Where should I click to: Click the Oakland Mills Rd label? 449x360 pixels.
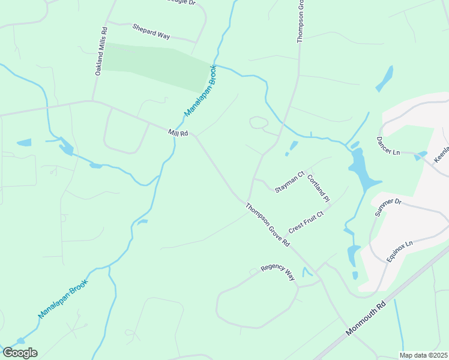pyautogui.click(x=101, y=50)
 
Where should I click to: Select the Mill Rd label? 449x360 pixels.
pyautogui.click(x=178, y=133)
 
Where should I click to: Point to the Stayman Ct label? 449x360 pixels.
pyautogui.click(x=290, y=182)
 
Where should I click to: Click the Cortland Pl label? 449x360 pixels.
pyautogui.click(x=319, y=187)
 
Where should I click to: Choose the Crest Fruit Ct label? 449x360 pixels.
pyautogui.click(x=306, y=222)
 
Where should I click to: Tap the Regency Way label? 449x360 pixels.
pyautogui.click(x=278, y=272)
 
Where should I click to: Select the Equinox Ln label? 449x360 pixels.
pyautogui.click(x=400, y=251)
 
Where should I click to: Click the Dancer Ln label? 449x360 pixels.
pyautogui.click(x=388, y=147)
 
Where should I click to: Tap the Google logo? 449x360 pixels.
pyautogui.click(x=20, y=353)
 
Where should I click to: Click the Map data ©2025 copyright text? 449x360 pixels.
pyautogui.click(x=423, y=355)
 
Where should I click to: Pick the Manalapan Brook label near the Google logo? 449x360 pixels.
pyautogui.click(x=63, y=298)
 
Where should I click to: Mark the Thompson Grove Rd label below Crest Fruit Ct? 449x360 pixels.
pyautogui.click(x=268, y=224)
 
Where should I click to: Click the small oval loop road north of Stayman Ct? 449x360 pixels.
pyautogui.click(x=259, y=123)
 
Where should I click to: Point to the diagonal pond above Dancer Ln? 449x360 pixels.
pyautogui.click(x=385, y=79)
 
